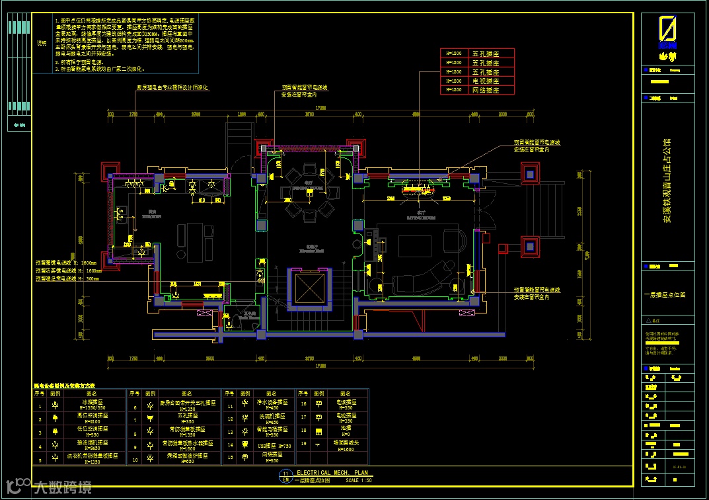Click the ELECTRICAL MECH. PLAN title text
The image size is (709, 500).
click(332, 473)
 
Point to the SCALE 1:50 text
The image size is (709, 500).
click(359, 480)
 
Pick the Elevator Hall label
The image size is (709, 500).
click(308, 252)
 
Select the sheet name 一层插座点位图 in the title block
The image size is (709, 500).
click(665, 295)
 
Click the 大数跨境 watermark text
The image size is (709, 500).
click(63, 488)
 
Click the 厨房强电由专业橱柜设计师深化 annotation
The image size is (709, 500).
click(172, 87)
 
